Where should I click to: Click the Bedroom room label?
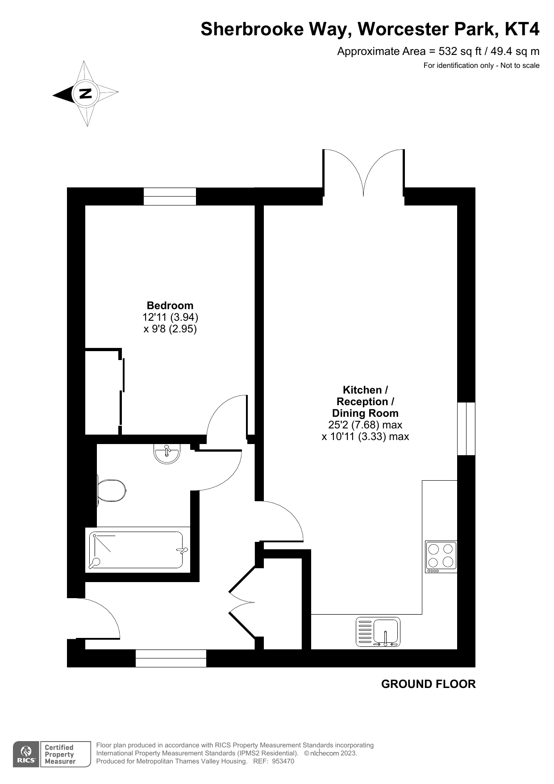click(170, 306)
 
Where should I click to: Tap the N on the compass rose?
click(85, 93)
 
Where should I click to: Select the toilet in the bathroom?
click(111, 491)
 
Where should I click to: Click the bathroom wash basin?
click(167, 453)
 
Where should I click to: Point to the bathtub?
click(137, 549)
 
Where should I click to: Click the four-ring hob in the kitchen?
click(441, 557)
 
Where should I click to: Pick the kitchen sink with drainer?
click(378, 632)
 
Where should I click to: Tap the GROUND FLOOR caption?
click(429, 684)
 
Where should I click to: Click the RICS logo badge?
click(26, 755)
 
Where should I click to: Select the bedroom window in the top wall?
click(170, 197)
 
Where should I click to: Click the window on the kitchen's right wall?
click(467, 429)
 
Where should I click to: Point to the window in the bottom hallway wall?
click(171, 658)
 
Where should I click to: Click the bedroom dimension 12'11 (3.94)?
click(170, 317)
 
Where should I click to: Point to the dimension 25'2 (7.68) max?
click(365, 425)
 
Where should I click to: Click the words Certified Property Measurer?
click(60, 755)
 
